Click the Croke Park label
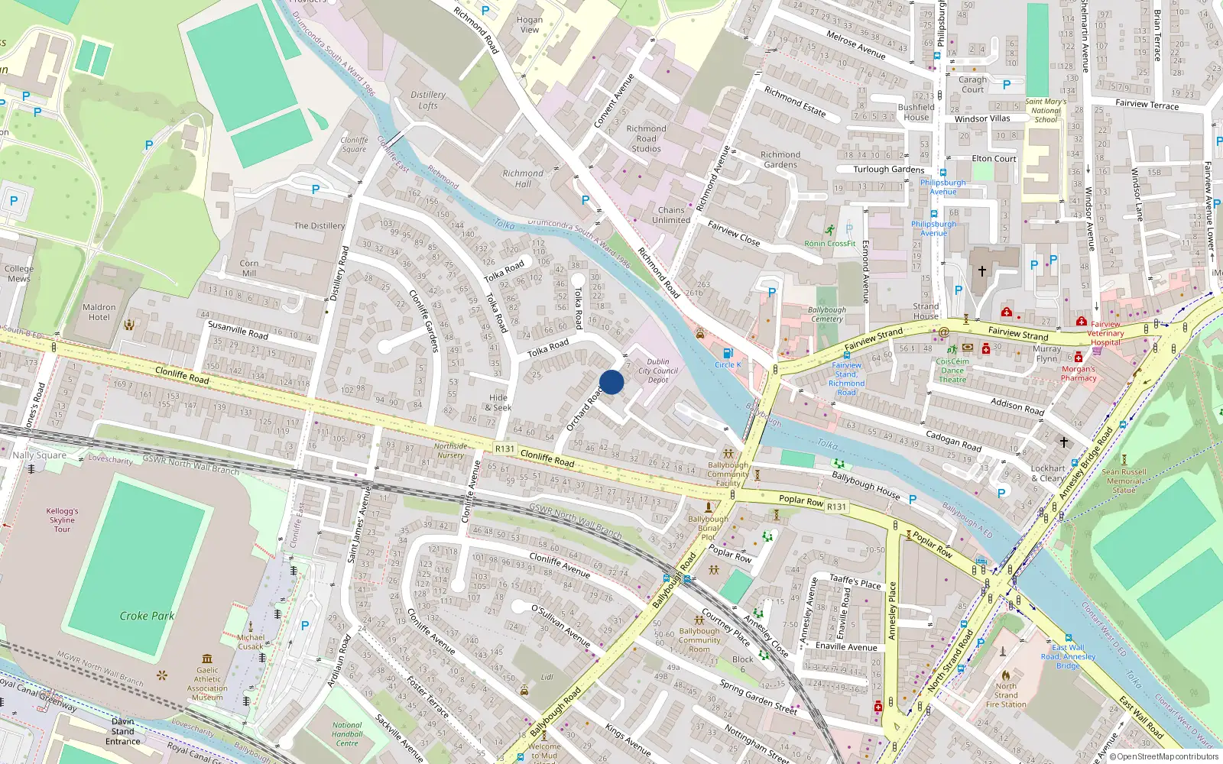click(147, 616)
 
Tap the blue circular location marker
click(611, 382)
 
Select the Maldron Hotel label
click(99, 312)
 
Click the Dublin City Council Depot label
click(658, 371)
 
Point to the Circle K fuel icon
click(728, 353)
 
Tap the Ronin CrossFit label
click(830, 243)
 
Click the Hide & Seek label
click(498, 403)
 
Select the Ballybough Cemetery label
click(826, 314)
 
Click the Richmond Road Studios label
click(646, 138)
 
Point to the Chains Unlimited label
click(671, 215)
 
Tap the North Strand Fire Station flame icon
click(1006, 675)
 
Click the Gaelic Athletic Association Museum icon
click(207, 659)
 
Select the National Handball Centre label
click(347, 734)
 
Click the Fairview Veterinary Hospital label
click(1106, 333)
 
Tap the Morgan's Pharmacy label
click(1079, 374)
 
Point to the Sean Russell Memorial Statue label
click(1124, 481)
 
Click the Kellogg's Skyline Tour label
click(62, 520)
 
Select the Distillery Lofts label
click(428, 100)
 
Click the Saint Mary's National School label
click(1046, 110)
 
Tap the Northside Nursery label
click(450, 451)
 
